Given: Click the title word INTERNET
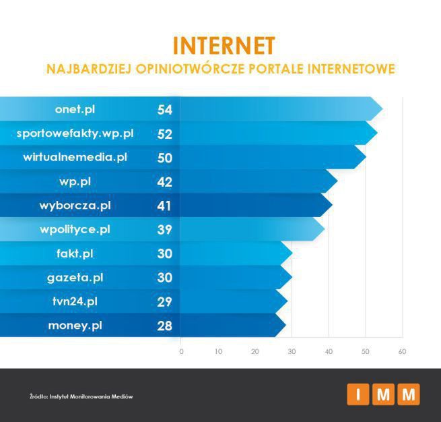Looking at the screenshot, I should [x=224, y=45].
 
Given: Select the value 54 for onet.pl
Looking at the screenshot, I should [x=165, y=110].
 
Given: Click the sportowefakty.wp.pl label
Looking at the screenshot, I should [x=75, y=133].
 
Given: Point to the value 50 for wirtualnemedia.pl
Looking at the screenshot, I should [x=165, y=158].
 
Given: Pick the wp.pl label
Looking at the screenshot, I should [x=75, y=181].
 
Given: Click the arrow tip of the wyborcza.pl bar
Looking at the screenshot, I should [x=330, y=206].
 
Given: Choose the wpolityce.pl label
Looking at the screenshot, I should [x=75, y=230].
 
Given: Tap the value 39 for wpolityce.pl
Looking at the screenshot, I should [x=165, y=230].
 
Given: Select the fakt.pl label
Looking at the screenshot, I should [x=75, y=253].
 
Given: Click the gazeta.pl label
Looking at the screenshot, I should [x=75, y=277].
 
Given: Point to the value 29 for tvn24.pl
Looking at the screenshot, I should [x=165, y=301].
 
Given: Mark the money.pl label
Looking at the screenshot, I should [x=75, y=326].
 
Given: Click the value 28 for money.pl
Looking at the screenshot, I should [x=165, y=326].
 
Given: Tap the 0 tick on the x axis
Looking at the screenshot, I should [x=181, y=351].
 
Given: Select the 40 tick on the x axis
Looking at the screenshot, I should [x=329, y=351].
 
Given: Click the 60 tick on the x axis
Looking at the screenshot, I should [x=402, y=351].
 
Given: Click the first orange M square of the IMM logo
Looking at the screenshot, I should [x=383, y=395].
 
